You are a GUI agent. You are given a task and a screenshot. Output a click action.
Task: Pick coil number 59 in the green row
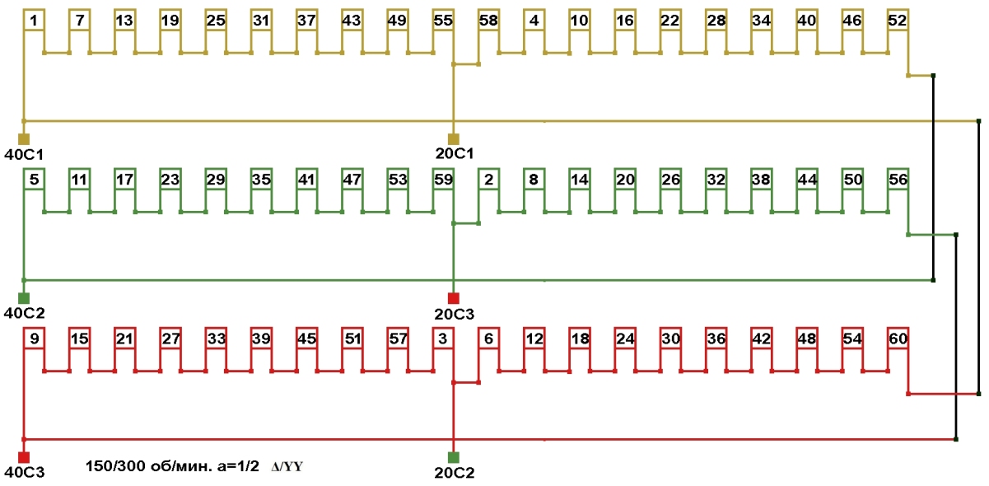(443, 179)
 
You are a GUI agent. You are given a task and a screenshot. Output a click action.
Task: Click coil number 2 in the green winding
(488, 179)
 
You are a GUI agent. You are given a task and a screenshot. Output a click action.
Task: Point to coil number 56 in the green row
(897, 179)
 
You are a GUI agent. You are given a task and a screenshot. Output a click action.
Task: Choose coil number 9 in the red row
(33, 338)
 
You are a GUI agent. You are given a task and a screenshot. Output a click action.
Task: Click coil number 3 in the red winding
(443, 338)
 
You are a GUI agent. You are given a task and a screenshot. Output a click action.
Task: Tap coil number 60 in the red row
(897, 338)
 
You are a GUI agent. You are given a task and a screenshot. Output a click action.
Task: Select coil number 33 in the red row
(216, 338)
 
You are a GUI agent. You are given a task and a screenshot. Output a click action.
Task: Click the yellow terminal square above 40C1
(24, 138)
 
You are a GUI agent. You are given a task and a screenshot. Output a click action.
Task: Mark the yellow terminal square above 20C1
(453, 138)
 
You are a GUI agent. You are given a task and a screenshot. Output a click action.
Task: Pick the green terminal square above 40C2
(24, 297)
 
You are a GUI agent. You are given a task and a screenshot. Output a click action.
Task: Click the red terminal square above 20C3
(453, 297)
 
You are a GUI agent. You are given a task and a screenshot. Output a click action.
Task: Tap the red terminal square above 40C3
(24, 457)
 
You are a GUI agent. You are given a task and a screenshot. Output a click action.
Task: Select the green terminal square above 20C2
(453, 457)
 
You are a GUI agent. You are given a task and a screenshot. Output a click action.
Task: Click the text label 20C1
(455, 153)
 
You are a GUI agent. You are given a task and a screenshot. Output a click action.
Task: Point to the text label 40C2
(25, 313)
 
